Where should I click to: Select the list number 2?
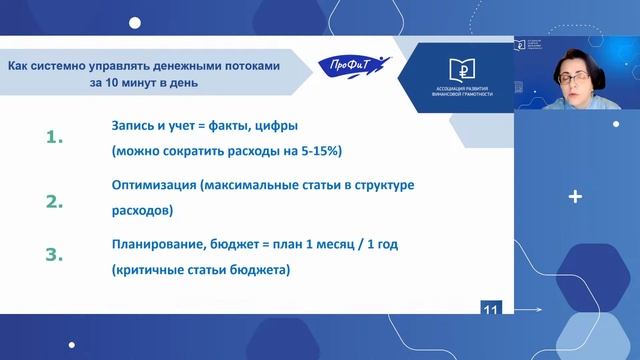(x=55, y=200)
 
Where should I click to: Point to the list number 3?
(x=55, y=255)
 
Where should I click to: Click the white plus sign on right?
(x=575, y=197)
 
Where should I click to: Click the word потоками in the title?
(x=251, y=65)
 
